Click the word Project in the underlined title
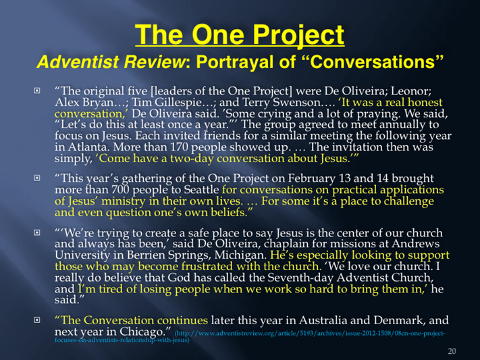298,36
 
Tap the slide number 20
452,351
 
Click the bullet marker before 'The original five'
37,91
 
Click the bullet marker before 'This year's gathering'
37,178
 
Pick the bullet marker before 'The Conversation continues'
37,320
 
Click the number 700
121,190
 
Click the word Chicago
142,332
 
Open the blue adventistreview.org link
250,336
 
